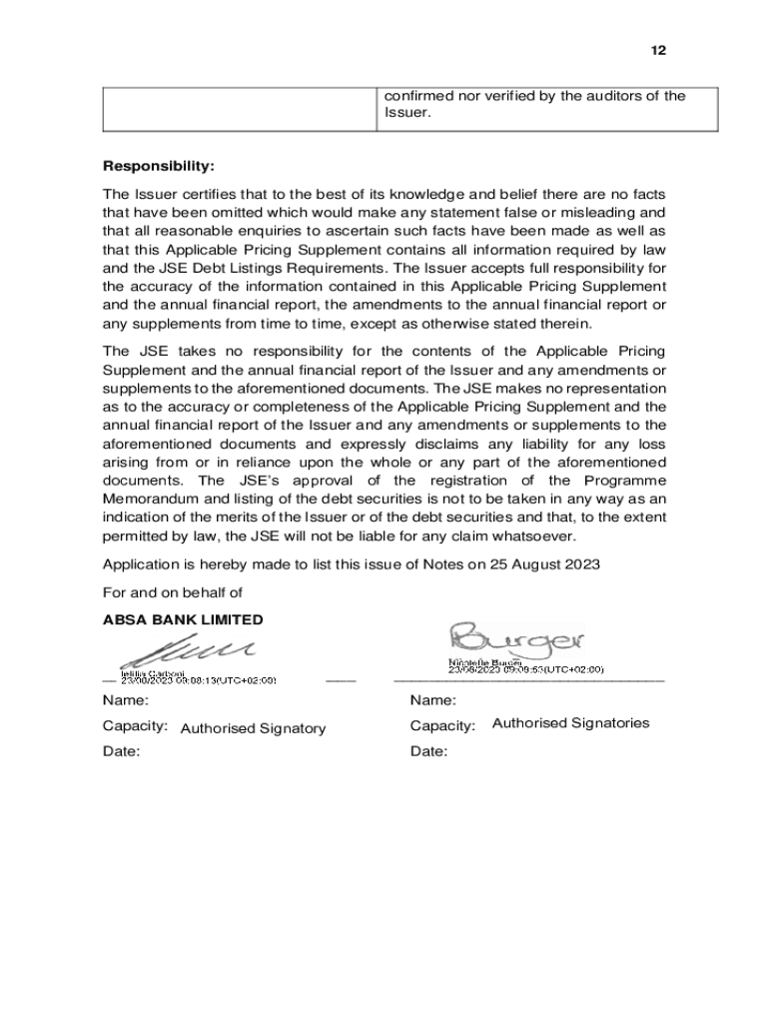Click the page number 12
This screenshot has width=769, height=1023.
[x=658, y=50]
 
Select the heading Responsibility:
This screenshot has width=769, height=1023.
[x=159, y=165]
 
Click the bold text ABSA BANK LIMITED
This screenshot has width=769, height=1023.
[x=183, y=619]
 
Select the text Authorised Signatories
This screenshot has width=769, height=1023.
[x=570, y=722]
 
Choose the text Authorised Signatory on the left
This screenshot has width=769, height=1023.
[x=253, y=728]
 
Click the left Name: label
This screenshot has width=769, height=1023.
[x=125, y=700]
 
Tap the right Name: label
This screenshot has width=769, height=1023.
[x=432, y=700]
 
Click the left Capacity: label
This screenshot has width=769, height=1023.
[x=135, y=725]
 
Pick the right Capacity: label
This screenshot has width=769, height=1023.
[x=442, y=725]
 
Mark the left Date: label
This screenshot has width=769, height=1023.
[x=121, y=751]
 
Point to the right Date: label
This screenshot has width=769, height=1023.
[x=428, y=751]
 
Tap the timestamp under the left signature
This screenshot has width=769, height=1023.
[x=199, y=680]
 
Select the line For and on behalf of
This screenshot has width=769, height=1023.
[x=173, y=592]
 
